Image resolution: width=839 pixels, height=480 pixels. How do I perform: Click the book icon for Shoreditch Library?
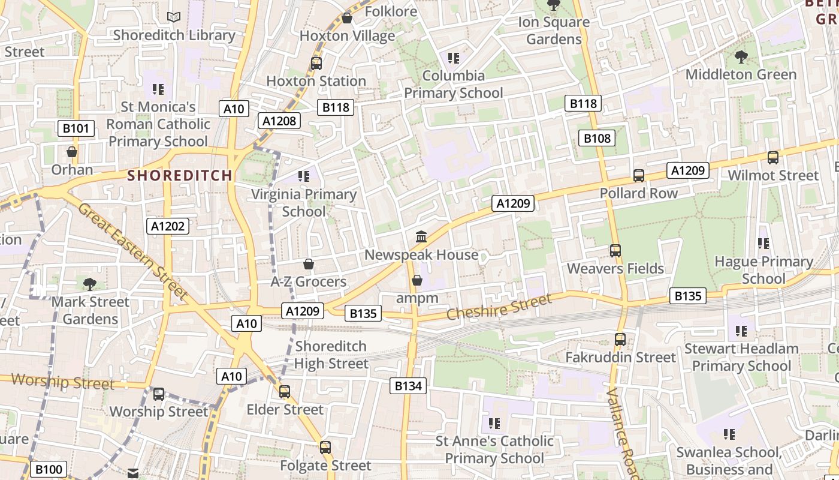coord(174,17)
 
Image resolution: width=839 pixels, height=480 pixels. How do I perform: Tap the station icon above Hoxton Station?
coord(316,63)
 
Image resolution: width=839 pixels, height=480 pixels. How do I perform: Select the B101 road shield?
coord(76,128)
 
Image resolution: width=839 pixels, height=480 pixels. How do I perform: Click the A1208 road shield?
coord(279,121)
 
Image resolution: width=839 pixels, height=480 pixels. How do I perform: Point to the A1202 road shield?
coord(168,226)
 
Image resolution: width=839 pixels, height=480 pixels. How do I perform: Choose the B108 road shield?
coord(597,139)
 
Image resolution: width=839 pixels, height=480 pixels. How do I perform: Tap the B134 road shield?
coord(408,386)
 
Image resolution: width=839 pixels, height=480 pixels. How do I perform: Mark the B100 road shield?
coord(48,469)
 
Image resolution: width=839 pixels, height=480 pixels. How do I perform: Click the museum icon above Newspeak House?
coord(421,237)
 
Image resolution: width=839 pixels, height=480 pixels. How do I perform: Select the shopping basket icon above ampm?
coord(417,280)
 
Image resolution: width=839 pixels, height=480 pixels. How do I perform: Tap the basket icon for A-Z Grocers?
coord(309,264)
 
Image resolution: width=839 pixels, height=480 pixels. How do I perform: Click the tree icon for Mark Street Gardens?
coord(90,284)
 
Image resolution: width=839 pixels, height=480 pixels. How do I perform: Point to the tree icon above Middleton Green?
coord(741,57)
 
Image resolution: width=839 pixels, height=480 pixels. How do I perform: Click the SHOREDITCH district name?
coord(180,175)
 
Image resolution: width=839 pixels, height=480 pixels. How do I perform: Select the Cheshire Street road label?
coord(499,307)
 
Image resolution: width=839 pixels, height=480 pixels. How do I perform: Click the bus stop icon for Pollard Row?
coord(639,176)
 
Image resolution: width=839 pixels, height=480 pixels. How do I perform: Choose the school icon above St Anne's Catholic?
coord(494,424)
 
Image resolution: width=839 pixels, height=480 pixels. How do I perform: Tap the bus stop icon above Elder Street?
coord(285,392)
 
